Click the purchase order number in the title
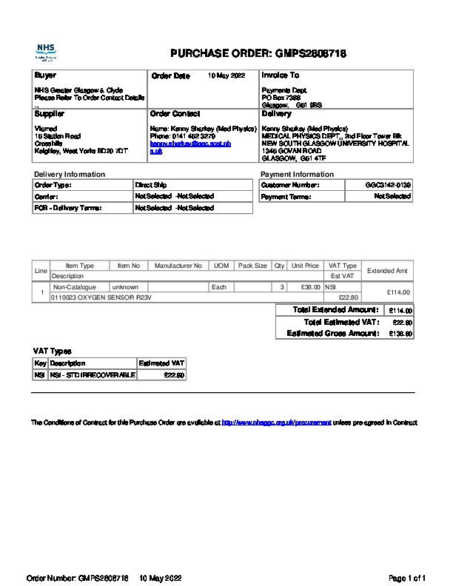(311, 53)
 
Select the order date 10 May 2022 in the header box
(226, 75)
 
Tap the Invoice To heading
(280, 75)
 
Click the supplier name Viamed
(45, 128)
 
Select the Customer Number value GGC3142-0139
(388, 185)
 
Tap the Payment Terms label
(286, 197)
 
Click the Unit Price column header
(305, 266)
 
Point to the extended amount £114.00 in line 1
(398, 292)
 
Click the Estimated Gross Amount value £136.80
(400, 334)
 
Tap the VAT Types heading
(52, 351)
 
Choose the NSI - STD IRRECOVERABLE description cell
(93, 375)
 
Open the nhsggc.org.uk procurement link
(276, 422)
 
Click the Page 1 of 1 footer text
(407, 578)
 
